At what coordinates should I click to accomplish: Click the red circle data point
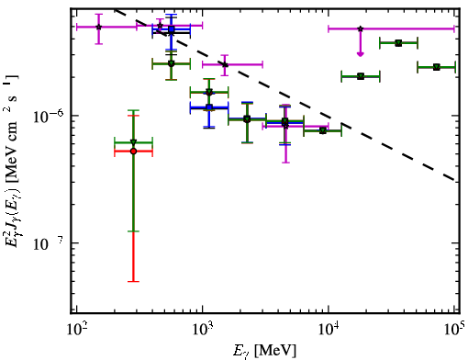pyautogui.click(x=133, y=152)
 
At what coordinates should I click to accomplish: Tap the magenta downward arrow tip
pyautogui.click(x=361, y=56)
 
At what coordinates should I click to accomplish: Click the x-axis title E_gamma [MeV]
pyautogui.click(x=264, y=351)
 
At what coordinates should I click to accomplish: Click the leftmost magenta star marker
pyautogui.click(x=98, y=27)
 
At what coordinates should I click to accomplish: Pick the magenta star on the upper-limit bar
pyautogui.click(x=361, y=28)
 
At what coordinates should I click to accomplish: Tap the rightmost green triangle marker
pyautogui.click(x=437, y=67)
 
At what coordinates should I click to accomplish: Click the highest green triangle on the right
pyautogui.click(x=398, y=43)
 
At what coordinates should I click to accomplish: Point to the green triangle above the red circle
pyautogui.click(x=133, y=142)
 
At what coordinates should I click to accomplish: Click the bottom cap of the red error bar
pyautogui.click(x=133, y=281)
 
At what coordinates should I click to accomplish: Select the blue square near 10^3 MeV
pyautogui.click(x=209, y=107)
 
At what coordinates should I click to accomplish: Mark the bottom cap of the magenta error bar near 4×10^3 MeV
pyautogui.click(x=285, y=163)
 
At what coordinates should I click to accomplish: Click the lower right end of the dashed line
pyautogui.click(x=455, y=180)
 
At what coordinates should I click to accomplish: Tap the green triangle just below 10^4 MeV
pyautogui.click(x=322, y=131)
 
